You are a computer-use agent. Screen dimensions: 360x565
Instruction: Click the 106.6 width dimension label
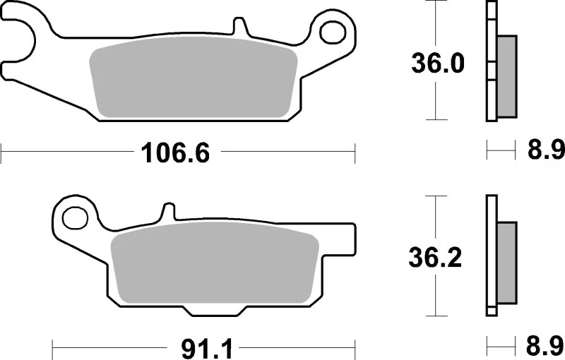177,152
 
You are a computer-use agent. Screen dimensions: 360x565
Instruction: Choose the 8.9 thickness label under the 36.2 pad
545,347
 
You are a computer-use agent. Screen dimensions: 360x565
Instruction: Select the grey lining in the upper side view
506,76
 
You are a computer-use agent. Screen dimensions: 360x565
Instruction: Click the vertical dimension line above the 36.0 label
437,25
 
